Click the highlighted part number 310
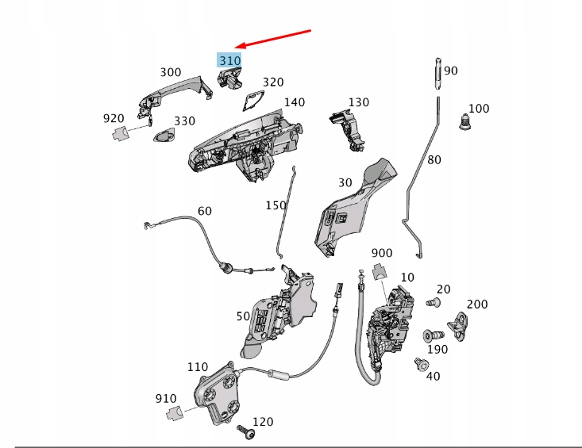[x=229, y=60]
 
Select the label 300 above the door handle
[x=170, y=72]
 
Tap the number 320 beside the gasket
[x=272, y=82]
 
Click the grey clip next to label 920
[x=119, y=133]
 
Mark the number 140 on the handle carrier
[x=294, y=102]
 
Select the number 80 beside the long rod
[x=434, y=159]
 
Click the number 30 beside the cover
[x=345, y=182]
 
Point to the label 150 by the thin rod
[x=276, y=205]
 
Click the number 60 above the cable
[x=204, y=211]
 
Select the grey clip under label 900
[x=380, y=273]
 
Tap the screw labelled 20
[x=433, y=301]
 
